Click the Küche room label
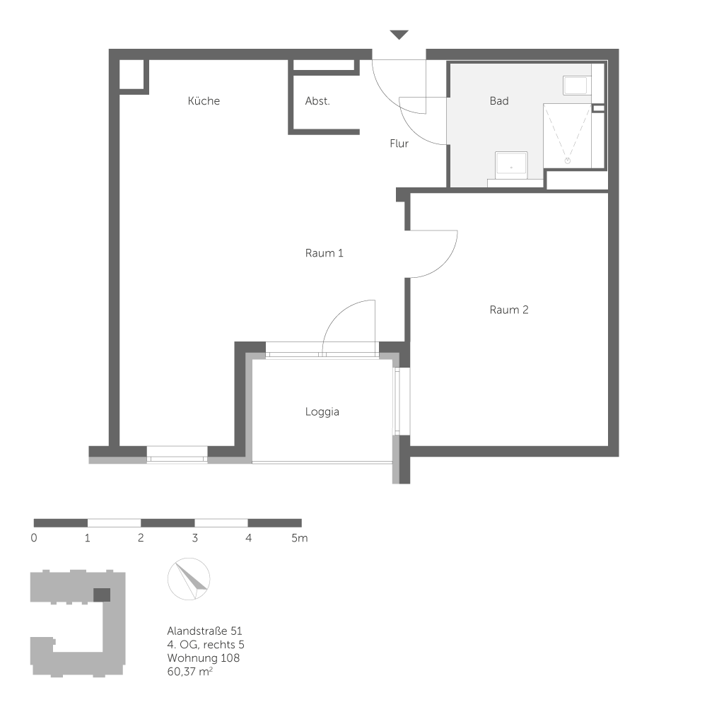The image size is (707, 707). (204, 101)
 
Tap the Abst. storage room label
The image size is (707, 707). (317, 101)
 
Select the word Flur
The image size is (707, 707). (399, 144)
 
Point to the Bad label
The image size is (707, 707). (499, 101)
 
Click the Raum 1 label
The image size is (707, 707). (325, 253)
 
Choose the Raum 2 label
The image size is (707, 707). (509, 310)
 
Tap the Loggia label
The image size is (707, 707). (322, 411)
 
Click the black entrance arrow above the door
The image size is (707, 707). (399, 35)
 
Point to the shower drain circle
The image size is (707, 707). (567, 160)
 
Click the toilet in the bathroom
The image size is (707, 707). (576, 86)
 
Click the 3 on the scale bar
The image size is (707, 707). (194, 538)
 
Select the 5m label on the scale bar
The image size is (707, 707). (300, 538)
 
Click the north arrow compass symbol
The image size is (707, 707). (189, 578)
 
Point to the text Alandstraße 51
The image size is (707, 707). (206, 631)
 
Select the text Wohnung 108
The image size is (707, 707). (204, 658)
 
